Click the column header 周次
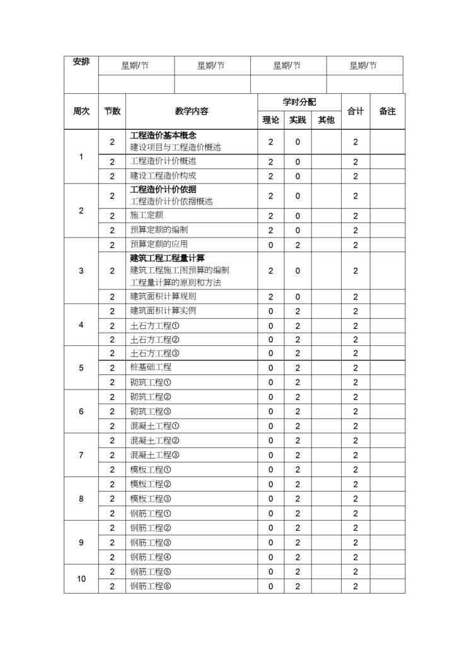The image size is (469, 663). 81,111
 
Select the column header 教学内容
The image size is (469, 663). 192,111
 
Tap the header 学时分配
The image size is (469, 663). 299,102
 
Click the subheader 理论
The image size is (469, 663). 270,120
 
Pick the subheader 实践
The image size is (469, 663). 298,120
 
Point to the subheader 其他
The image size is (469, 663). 326,120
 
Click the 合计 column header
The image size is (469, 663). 356,111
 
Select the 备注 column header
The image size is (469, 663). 387,111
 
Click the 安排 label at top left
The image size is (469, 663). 81,62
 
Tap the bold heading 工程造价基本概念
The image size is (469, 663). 163,135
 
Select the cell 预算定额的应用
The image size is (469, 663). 159,245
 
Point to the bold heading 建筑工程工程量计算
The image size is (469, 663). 167,258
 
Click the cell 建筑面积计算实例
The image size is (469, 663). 163,311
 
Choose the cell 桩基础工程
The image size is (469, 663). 151,367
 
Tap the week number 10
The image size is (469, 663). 81,579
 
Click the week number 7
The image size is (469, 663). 81,455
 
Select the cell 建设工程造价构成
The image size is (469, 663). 163,176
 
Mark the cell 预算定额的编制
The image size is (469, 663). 159,230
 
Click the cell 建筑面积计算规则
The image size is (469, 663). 163,296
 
